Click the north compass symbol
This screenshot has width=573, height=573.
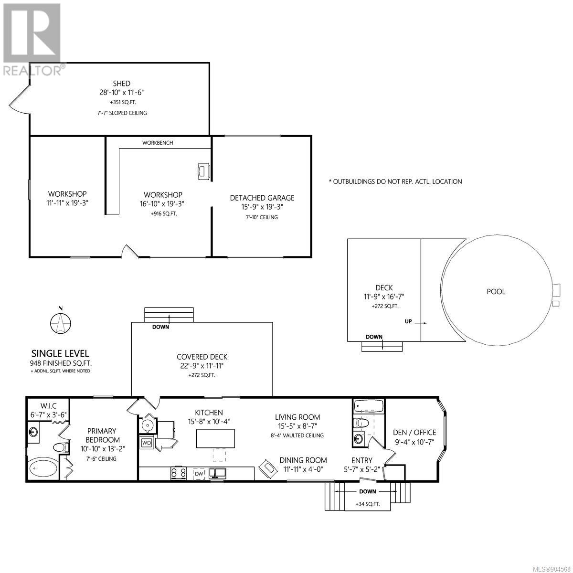click(60, 322)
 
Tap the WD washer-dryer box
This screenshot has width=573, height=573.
click(147, 443)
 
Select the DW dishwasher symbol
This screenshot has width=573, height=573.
click(199, 474)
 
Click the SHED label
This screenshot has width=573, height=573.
click(121, 83)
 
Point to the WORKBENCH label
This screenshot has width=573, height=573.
click(158, 143)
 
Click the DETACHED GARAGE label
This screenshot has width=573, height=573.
click(262, 198)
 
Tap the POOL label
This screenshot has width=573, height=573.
click(496, 292)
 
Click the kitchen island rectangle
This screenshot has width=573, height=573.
click(215, 439)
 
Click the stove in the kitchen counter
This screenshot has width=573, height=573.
click(179, 473)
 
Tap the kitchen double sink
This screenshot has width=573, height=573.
click(217, 473)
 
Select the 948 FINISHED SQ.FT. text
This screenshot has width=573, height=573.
click(61, 363)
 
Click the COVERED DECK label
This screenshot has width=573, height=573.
click(202, 357)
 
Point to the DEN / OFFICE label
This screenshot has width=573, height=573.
click(414, 432)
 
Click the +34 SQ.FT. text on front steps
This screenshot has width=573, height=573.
click(368, 504)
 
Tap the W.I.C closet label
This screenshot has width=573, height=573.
click(49, 405)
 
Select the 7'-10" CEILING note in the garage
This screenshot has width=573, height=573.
click(262, 217)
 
